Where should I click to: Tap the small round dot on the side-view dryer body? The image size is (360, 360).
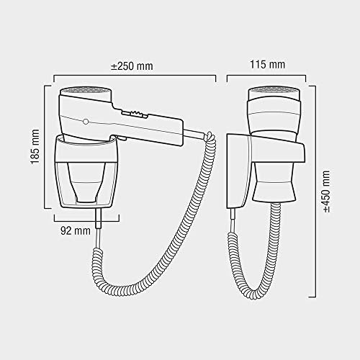click(x=86, y=121)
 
